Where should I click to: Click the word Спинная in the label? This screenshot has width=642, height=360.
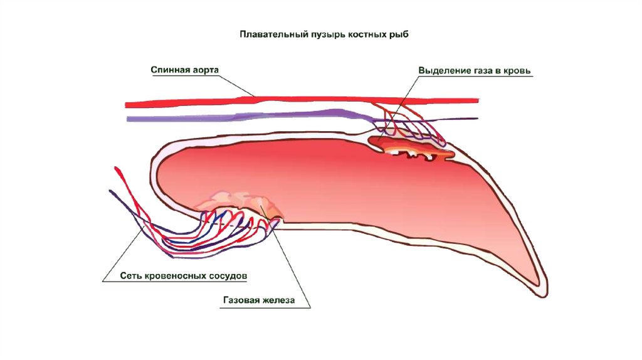(170, 69)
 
